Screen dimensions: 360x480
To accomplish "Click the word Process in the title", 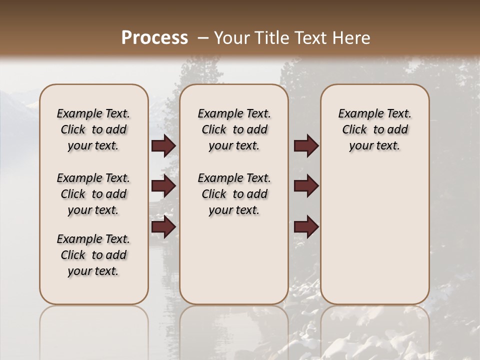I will point(154,37).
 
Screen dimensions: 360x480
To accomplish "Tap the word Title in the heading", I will point(271,37).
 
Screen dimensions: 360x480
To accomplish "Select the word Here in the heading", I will point(352,37).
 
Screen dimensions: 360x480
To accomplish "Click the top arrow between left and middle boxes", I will point(163,146).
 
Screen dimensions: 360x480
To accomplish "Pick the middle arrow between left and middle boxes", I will point(163,186).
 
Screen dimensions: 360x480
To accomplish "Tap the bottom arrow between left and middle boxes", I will point(163,227).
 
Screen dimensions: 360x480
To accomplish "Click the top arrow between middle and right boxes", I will point(306,146).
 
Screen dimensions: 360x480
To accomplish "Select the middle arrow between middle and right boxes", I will point(306,186).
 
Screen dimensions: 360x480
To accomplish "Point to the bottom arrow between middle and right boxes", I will point(306,227).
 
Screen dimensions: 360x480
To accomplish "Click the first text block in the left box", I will point(93,129).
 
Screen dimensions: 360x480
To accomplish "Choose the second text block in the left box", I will point(93,194).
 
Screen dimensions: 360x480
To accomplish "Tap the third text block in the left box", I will point(93,255).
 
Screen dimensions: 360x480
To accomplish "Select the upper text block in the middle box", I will point(234,129).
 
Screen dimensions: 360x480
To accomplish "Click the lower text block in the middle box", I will point(234,194).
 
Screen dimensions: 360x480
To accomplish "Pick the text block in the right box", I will point(374,129).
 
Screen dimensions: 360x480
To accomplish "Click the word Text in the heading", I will point(311,37).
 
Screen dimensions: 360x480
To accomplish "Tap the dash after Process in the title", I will point(202,38).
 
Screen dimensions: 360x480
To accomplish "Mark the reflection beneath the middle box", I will point(234,332).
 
